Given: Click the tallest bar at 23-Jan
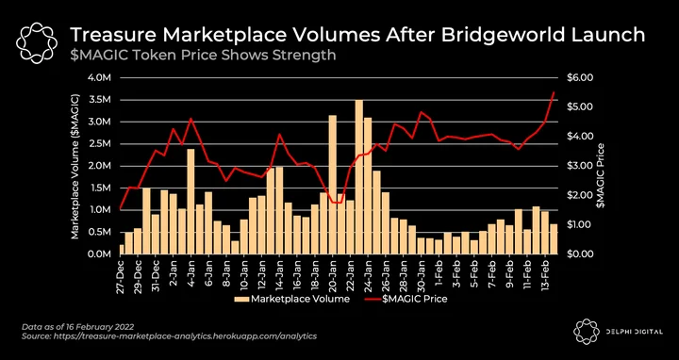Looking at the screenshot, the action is pos(359,177).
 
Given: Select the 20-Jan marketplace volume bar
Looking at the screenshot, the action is pos(333,185).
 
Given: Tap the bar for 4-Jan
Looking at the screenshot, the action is pos(190,202).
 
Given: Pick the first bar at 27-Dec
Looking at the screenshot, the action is pos(122,249).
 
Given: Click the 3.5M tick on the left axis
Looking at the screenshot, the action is pos(101,100).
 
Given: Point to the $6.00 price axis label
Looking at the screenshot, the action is pos(580,78).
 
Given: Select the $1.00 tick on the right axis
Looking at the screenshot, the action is pos(580,224).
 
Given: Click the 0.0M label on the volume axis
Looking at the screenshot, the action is pos(101,254).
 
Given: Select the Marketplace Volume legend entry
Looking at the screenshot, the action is pos(291,299).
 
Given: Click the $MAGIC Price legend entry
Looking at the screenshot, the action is pos(406,299).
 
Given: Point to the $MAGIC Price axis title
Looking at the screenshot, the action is pos(600,174).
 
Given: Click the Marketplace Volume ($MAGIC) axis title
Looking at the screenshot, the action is pos(75,166).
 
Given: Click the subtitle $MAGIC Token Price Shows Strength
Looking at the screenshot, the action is pos(203,56).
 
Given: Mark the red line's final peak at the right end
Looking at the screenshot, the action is pos(554,92).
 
